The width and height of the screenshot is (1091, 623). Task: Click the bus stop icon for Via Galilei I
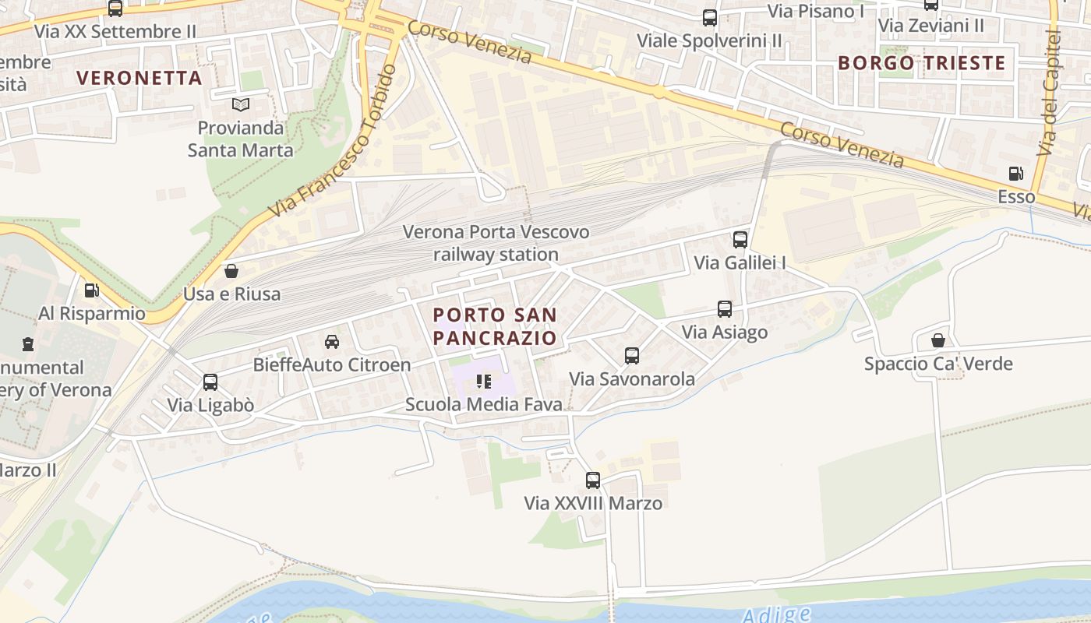pyautogui.click(x=740, y=240)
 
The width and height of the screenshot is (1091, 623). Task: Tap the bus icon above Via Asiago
pyautogui.click(x=725, y=309)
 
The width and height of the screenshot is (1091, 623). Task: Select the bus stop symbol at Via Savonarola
pyautogui.click(x=632, y=356)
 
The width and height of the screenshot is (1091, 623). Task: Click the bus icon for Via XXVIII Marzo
pyautogui.click(x=593, y=480)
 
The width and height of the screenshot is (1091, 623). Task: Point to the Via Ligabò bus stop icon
pyautogui.click(x=210, y=382)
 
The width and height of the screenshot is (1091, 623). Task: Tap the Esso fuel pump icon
pyautogui.click(x=1016, y=174)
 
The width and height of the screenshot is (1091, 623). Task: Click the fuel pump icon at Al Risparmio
pyautogui.click(x=92, y=290)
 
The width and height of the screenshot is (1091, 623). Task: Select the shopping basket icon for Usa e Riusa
pyautogui.click(x=231, y=271)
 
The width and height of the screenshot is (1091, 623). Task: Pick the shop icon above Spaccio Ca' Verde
pyautogui.click(x=938, y=340)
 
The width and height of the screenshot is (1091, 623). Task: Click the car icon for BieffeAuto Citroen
pyautogui.click(x=332, y=341)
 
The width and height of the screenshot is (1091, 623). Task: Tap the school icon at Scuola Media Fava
pyautogui.click(x=484, y=382)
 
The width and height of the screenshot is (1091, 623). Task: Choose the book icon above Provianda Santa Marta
pyautogui.click(x=241, y=104)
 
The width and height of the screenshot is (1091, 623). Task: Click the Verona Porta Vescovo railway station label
pyautogui.click(x=496, y=243)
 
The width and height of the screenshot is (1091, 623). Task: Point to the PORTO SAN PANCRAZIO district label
pyautogui.click(x=495, y=326)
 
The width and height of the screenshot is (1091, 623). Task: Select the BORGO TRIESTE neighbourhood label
pyautogui.click(x=922, y=63)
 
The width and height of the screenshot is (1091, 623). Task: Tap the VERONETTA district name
pyautogui.click(x=140, y=78)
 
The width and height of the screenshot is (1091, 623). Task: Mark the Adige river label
pyautogui.click(x=776, y=614)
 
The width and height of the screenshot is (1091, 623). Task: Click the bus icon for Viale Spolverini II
pyautogui.click(x=710, y=18)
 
